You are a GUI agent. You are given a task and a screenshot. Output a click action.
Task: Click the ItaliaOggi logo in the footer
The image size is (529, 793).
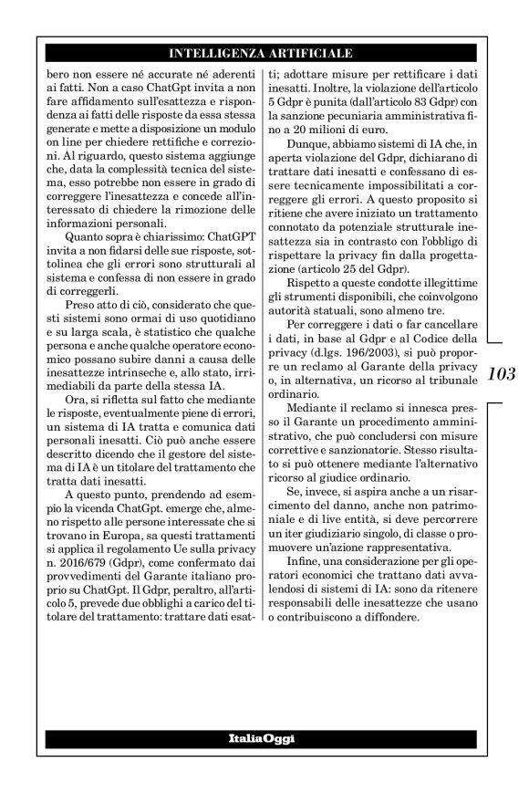(x=261, y=737)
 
